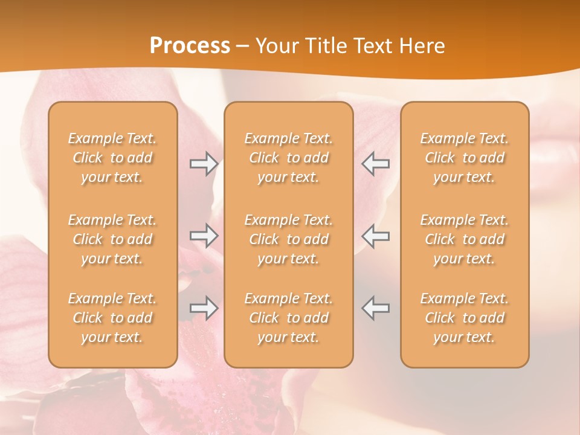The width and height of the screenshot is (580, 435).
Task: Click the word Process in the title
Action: pos(190,46)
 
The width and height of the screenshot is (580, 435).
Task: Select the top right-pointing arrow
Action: pos(204,164)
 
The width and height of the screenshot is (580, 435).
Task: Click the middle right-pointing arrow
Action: pos(204,235)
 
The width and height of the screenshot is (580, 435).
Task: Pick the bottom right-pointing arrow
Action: pos(204,308)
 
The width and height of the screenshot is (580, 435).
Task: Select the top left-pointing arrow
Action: pos(376,164)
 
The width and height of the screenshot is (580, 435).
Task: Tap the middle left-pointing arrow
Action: pos(376,235)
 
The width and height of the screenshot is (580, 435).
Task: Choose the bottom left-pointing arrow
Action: pos(376,308)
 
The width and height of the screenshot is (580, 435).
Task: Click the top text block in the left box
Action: pos(112,158)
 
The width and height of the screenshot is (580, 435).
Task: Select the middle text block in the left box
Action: pos(112,239)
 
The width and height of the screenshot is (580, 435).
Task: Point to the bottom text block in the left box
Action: pos(112,318)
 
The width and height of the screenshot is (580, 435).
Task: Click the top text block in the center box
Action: pos(288,158)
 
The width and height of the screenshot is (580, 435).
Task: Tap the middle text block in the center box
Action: pos(288,239)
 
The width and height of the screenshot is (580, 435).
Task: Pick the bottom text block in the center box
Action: pos(288,318)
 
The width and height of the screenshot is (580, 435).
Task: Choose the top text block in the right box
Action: pos(465,158)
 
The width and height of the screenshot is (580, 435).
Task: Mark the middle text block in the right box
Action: pos(465,239)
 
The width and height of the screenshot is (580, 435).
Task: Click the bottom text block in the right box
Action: pos(465,318)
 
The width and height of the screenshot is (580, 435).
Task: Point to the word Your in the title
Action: pos(277,46)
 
